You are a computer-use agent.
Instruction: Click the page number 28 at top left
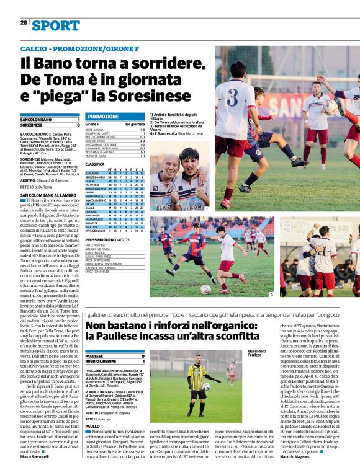[x=24, y=23]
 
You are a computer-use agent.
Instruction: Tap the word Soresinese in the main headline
[x=150, y=96]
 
